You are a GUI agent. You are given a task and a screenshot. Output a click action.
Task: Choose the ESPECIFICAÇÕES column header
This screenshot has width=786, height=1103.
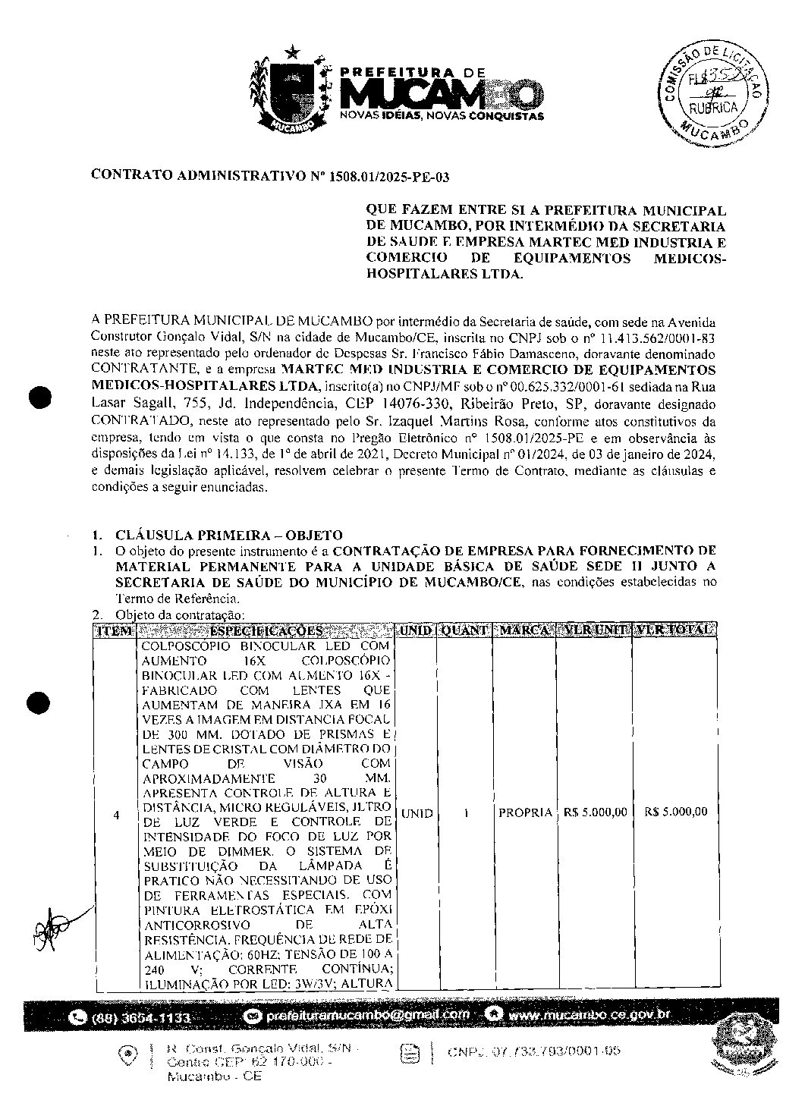click(x=266, y=630)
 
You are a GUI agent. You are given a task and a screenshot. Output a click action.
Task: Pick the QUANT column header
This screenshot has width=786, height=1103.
click(x=464, y=630)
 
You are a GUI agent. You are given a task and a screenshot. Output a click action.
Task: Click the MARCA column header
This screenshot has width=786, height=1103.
click(x=524, y=630)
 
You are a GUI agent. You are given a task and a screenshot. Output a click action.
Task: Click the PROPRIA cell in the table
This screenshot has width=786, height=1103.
click(x=525, y=813)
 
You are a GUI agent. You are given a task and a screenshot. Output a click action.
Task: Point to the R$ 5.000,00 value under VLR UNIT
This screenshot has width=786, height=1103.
click(x=596, y=812)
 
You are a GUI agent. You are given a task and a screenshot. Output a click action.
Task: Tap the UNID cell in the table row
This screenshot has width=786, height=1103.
click(x=417, y=813)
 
